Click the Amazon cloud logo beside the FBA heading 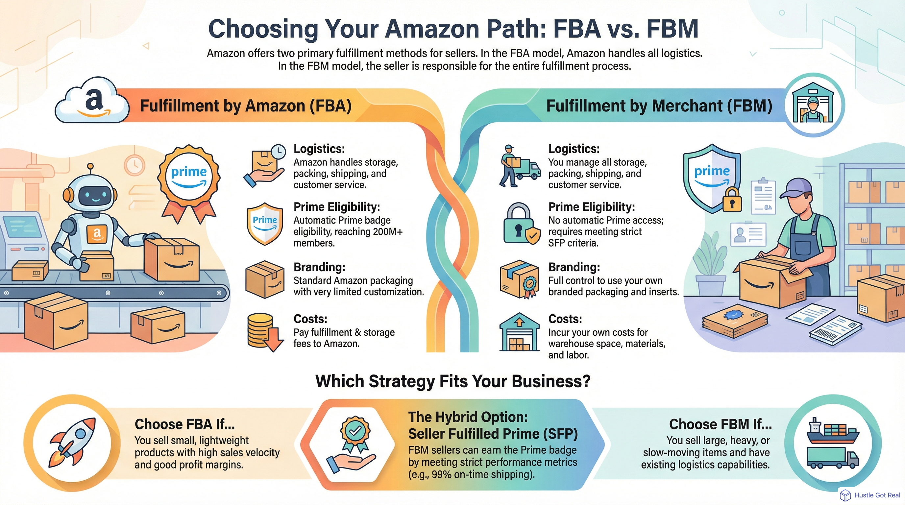click(92, 101)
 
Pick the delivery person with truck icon click(519, 166)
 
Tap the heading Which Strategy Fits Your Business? click(452, 381)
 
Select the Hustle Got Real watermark click(870, 495)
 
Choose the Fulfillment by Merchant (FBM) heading click(659, 106)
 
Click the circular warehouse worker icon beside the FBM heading click(813, 104)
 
